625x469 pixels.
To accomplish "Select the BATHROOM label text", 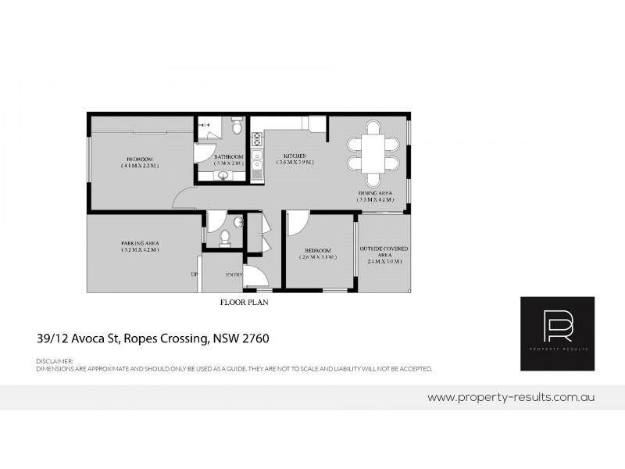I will (230, 156).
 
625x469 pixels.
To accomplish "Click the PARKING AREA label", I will (141, 242).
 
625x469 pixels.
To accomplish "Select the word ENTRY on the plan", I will (234, 274).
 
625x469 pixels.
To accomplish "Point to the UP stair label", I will (194, 274).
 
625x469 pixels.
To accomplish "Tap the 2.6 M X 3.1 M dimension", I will (319, 257).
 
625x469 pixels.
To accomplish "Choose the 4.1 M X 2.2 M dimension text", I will (141, 166).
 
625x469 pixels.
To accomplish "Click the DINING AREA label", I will (375, 192).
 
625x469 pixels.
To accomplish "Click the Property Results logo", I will (557, 334).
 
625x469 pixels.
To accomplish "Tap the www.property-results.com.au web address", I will (512, 397).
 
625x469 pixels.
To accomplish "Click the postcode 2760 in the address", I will (255, 339).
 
